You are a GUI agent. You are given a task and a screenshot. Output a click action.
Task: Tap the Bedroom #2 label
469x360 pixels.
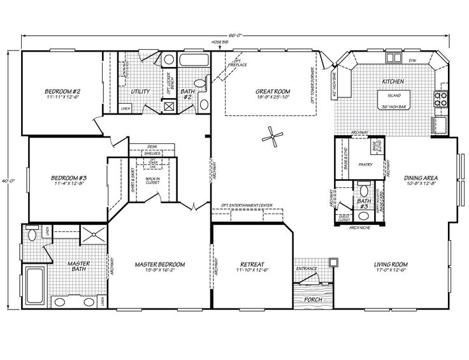pyautogui.click(x=62, y=90)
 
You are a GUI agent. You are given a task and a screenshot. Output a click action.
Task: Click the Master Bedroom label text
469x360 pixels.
pyautogui.click(x=159, y=264)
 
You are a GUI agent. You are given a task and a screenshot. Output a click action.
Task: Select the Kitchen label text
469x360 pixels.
pyautogui.click(x=390, y=82)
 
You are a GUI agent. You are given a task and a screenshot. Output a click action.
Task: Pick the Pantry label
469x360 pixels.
pyautogui.click(x=366, y=164)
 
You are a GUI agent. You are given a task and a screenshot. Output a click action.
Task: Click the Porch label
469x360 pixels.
pyautogui.click(x=313, y=299)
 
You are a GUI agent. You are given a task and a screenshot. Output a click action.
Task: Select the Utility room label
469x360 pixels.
pyautogui.click(x=140, y=91)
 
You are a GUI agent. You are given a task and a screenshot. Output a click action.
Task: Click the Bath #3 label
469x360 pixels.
pyautogui.click(x=364, y=204)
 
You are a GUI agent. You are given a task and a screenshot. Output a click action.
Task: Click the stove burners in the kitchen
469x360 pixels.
pyautogui.click(x=440, y=99)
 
